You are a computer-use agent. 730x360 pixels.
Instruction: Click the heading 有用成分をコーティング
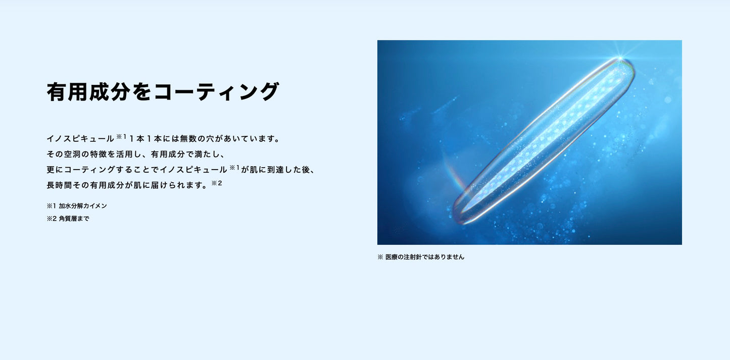163,92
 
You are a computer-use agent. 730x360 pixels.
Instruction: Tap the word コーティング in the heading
216,92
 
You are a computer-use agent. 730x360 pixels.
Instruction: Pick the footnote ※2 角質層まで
68,219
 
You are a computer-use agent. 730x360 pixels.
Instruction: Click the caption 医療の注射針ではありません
424,257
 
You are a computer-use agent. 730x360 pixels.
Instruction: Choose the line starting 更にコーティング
181,170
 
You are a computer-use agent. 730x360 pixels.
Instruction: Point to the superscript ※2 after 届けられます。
217,183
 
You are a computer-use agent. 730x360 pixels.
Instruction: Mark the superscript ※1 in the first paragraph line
121,136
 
